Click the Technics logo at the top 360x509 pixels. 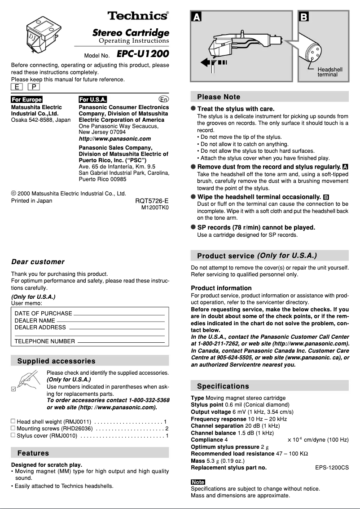click(x=138, y=16)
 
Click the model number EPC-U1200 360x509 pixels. click(x=143, y=54)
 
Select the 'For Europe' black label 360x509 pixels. click(x=26, y=100)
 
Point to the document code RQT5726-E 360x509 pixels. click(x=152, y=201)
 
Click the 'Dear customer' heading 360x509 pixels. click(x=38, y=262)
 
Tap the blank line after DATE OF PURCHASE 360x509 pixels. click(x=119, y=314)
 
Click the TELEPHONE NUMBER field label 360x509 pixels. click(x=45, y=341)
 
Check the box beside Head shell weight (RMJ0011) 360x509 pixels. click(x=13, y=421)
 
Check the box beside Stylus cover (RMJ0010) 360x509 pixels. click(x=13, y=435)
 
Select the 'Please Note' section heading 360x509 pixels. click(x=219, y=97)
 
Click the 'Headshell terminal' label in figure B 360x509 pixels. click(x=329, y=72)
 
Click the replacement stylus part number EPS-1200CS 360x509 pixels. click(x=332, y=468)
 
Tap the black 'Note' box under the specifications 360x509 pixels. click(x=198, y=482)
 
